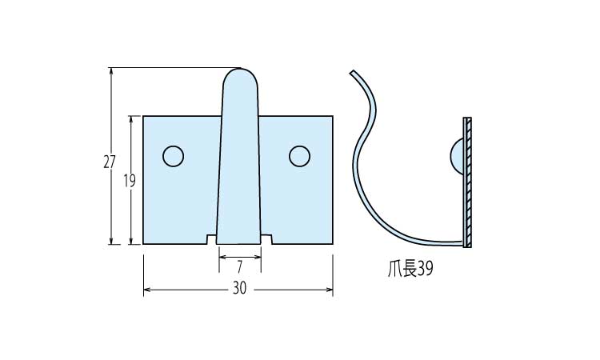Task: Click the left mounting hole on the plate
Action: coord(173,156)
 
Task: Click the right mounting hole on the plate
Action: coord(300,156)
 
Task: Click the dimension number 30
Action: coord(239,289)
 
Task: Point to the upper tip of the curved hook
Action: coord(352,73)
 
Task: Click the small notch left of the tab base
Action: coord(211,239)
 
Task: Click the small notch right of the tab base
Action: coord(267,239)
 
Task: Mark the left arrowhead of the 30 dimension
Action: coord(146,290)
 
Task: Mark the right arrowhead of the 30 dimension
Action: coord(330,290)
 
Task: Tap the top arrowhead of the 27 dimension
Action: coord(111,71)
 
